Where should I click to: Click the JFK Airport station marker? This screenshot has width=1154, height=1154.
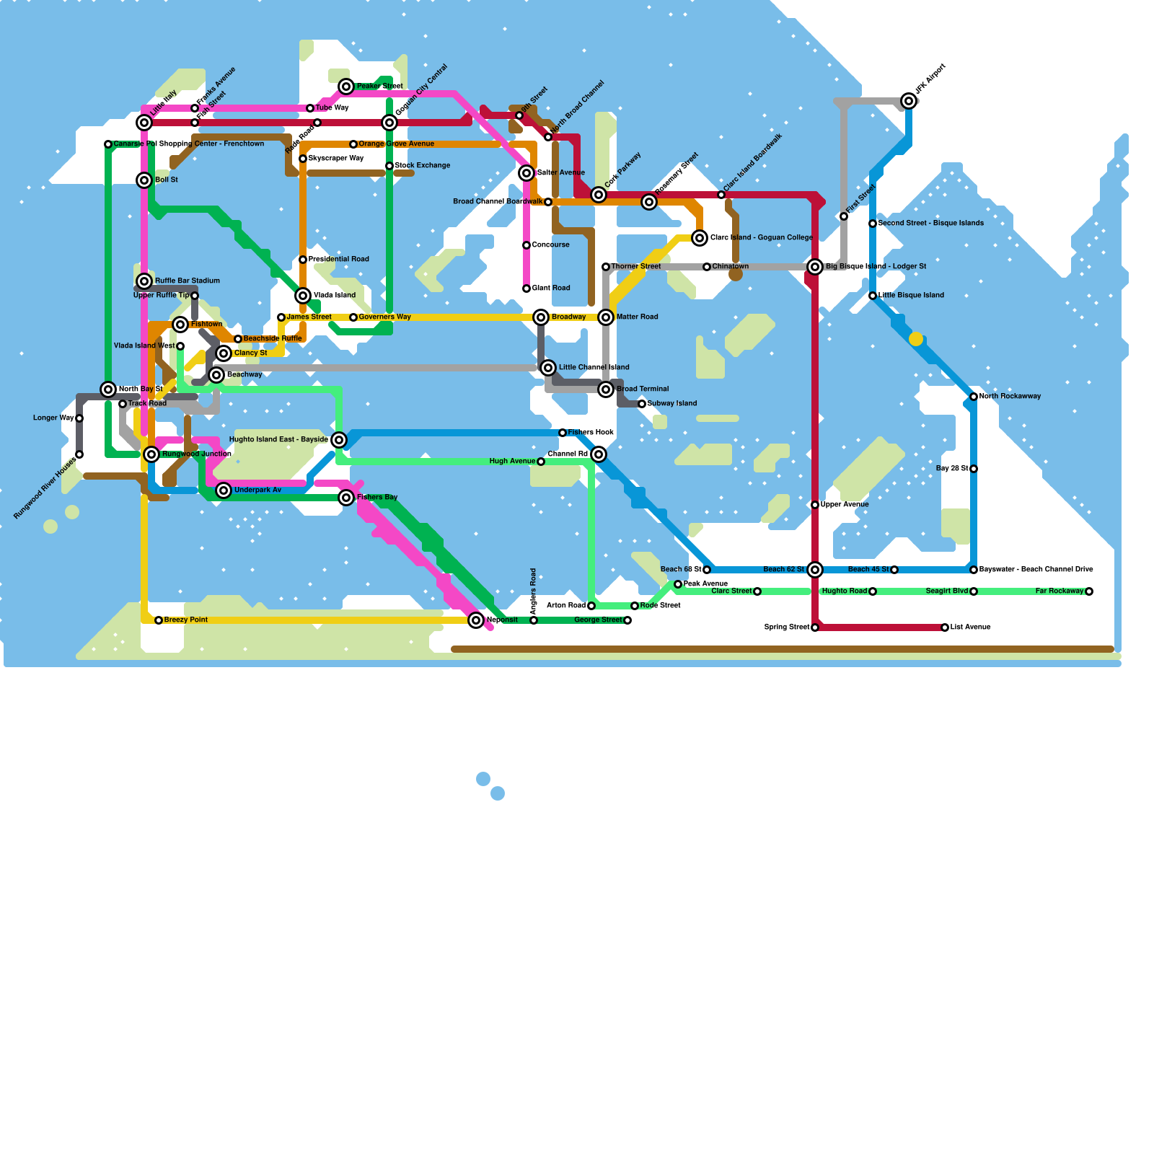click(909, 101)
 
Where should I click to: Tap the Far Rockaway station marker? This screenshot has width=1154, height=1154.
click(1089, 591)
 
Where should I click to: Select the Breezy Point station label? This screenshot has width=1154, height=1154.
click(186, 620)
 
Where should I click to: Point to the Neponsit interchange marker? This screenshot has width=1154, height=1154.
click(476, 620)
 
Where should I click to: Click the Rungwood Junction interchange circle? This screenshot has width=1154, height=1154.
click(151, 454)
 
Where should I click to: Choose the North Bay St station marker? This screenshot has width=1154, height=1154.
click(108, 389)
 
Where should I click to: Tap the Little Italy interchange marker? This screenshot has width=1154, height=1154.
click(144, 123)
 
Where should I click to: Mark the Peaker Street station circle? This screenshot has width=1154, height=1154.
click(346, 87)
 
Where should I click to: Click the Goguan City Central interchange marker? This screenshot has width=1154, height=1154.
click(389, 123)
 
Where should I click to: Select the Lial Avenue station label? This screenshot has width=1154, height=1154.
click(971, 627)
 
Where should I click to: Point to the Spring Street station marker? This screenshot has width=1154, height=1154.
click(815, 627)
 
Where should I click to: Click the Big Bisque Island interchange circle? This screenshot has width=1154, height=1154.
click(815, 267)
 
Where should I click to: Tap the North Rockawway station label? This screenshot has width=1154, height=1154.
click(1010, 397)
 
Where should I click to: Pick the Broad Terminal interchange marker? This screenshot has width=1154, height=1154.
click(606, 389)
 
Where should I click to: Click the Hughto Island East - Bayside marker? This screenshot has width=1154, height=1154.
click(339, 440)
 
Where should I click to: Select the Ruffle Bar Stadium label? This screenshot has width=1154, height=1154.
click(188, 281)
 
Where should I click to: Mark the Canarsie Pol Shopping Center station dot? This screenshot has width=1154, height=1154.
click(108, 144)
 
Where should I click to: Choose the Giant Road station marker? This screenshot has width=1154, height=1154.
click(527, 288)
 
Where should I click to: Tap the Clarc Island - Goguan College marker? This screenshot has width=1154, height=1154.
click(700, 238)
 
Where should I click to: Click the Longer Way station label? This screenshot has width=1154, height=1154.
click(53, 418)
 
